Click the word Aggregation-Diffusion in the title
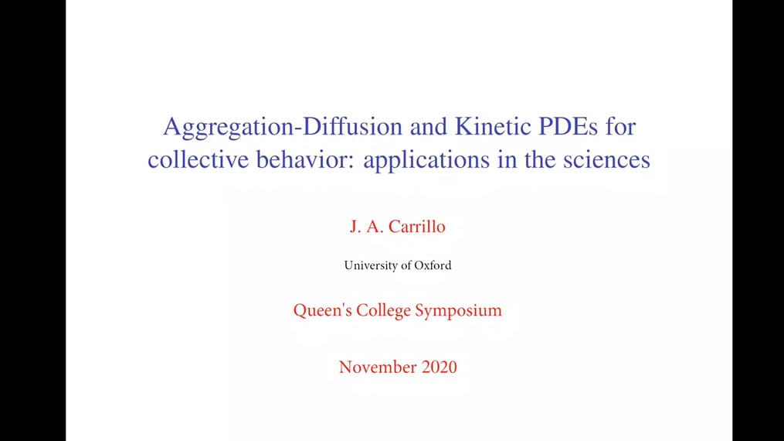(283, 127)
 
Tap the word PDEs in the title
(568, 125)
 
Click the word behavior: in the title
(306, 159)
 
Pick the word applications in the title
(426, 160)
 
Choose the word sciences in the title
(606, 159)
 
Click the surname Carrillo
(416, 226)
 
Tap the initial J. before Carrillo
(355, 227)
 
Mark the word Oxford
(433, 265)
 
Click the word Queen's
(323, 310)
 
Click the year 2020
(439, 367)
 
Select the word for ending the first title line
(620, 125)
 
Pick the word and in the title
(429, 125)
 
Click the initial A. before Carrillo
(375, 226)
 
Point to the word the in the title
(540, 159)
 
